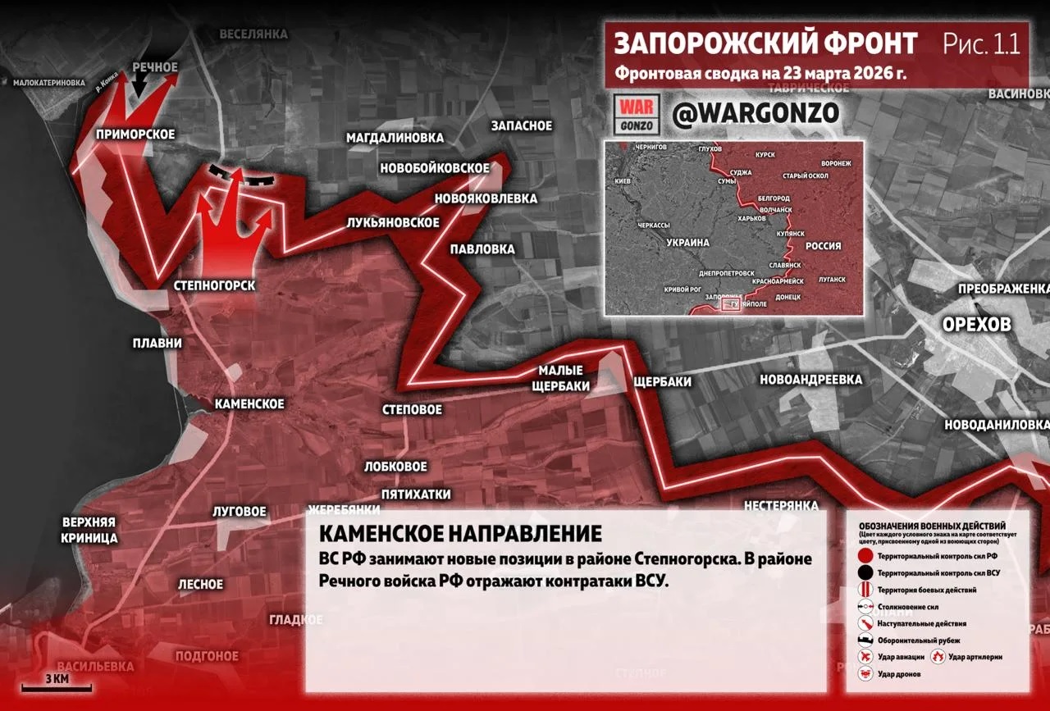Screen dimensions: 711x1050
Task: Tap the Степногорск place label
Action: tap(215, 285)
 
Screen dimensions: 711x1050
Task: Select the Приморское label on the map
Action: tap(135, 134)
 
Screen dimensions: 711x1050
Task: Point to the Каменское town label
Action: tap(249, 403)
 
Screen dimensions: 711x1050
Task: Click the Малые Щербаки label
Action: tap(561, 378)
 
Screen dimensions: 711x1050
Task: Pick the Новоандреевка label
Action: tap(811, 380)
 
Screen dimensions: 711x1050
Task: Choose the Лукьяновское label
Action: tap(393, 222)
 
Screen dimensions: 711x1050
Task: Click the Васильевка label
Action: tap(91, 666)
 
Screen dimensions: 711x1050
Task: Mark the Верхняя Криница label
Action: tap(89, 530)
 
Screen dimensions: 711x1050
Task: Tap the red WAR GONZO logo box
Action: tap(637, 114)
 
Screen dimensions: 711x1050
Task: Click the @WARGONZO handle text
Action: tap(755, 113)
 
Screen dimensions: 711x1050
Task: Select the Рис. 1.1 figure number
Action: tap(982, 43)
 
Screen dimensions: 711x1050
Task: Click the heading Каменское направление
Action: tap(459, 534)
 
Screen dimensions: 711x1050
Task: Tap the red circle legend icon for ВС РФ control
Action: tap(865, 557)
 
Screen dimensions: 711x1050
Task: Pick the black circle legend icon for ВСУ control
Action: tap(865, 573)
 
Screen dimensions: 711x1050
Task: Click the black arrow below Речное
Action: tap(140, 82)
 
